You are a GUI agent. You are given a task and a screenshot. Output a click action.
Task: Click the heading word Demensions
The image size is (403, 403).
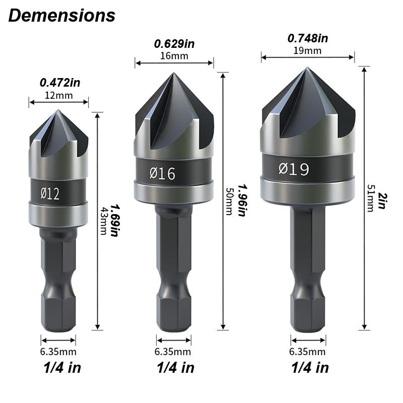tap(61, 16)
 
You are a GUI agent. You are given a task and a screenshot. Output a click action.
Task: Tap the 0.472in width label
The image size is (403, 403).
tap(59, 82)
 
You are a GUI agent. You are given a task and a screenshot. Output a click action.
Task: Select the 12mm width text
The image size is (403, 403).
tap(58, 95)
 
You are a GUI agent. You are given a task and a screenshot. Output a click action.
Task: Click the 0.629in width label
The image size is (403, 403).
tap(174, 43)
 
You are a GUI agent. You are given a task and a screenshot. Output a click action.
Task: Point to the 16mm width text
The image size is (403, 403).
tap(174, 55)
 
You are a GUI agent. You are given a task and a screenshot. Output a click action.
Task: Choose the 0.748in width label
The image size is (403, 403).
tap(308, 38)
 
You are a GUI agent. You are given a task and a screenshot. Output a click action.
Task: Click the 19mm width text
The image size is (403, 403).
tap(307, 50)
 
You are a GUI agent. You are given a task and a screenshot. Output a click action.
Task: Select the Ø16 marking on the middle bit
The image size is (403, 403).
tap(162, 174)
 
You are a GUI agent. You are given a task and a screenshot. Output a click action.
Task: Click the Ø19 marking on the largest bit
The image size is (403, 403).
tap(294, 169)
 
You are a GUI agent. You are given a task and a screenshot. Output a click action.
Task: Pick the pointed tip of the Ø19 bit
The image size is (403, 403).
tap(306, 68)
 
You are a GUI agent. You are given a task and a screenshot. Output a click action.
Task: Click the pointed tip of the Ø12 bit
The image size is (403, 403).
tap(58, 111)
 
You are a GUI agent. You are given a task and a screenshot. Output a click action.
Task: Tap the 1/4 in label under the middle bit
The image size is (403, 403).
tap(174, 367)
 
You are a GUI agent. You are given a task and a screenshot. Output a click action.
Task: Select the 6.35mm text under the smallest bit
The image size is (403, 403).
tap(58, 352)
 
